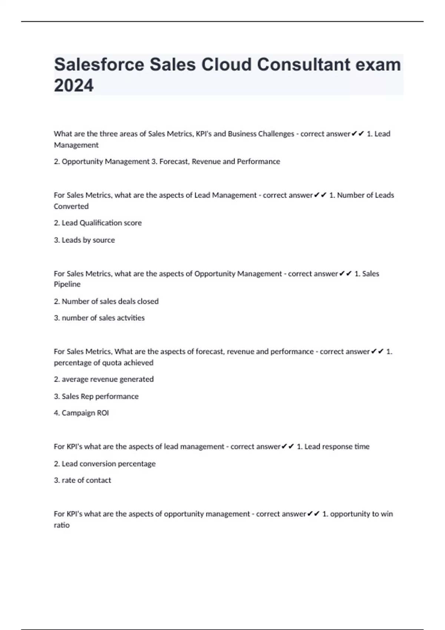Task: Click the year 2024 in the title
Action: pyautogui.click(x=74, y=86)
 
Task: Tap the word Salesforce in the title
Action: pyautogui.click(x=99, y=64)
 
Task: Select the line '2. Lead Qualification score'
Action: pyautogui.click(x=98, y=223)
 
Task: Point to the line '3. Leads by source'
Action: pyautogui.click(x=84, y=240)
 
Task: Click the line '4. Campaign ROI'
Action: pyautogui.click(x=81, y=413)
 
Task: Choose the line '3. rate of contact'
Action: pyautogui.click(x=82, y=480)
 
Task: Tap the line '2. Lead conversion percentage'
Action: pyautogui.click(x=105, y=464)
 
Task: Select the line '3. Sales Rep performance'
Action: pyautogui.click(x=96, y=396)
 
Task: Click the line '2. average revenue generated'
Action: pyautogui.click(x=103, y=379)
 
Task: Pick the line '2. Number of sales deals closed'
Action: pyautogui.click(x=106, y=301)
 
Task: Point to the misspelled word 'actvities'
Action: pyautogui.click(x=131, y=318)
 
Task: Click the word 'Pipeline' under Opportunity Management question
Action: pyautogui.click(x=67, y=284)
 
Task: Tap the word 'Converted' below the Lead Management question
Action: pyautogui.click(x=71, y=206)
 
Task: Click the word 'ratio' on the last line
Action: pyautogui.click(x=62, y=525)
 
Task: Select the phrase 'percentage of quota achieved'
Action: pyautogui.click(x=103, y=363)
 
